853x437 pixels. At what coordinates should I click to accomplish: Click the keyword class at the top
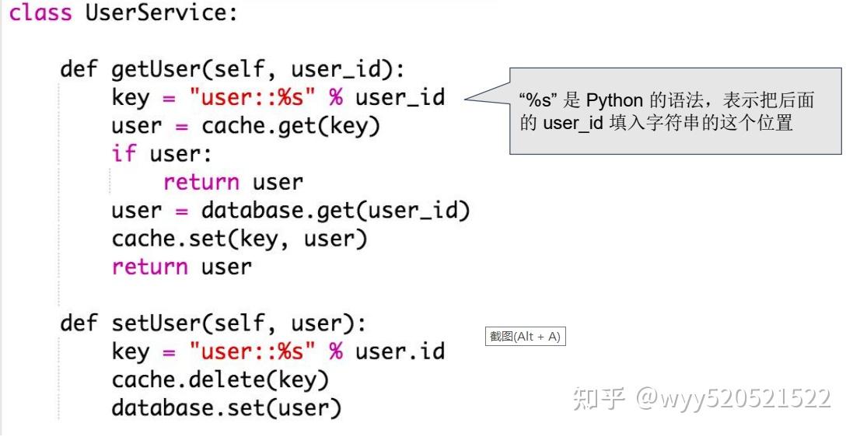[x=40, y=13]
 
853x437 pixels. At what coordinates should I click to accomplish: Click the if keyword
[x=124, y=153]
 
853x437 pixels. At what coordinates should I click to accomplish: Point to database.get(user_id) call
[x=336, y=210]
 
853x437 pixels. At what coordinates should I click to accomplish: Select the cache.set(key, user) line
[x=239, y=239]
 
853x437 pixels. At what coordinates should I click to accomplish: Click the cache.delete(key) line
[x=220, y=379]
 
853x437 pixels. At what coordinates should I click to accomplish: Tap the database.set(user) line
[x=226, y=407]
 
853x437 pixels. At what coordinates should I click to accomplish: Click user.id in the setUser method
[x=400, y=351]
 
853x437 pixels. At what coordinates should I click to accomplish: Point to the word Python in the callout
[x=614, y=100]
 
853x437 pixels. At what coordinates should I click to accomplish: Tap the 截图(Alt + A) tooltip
[x=525, y=337]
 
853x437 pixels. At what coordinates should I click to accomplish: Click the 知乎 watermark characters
[x=599, y=398]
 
